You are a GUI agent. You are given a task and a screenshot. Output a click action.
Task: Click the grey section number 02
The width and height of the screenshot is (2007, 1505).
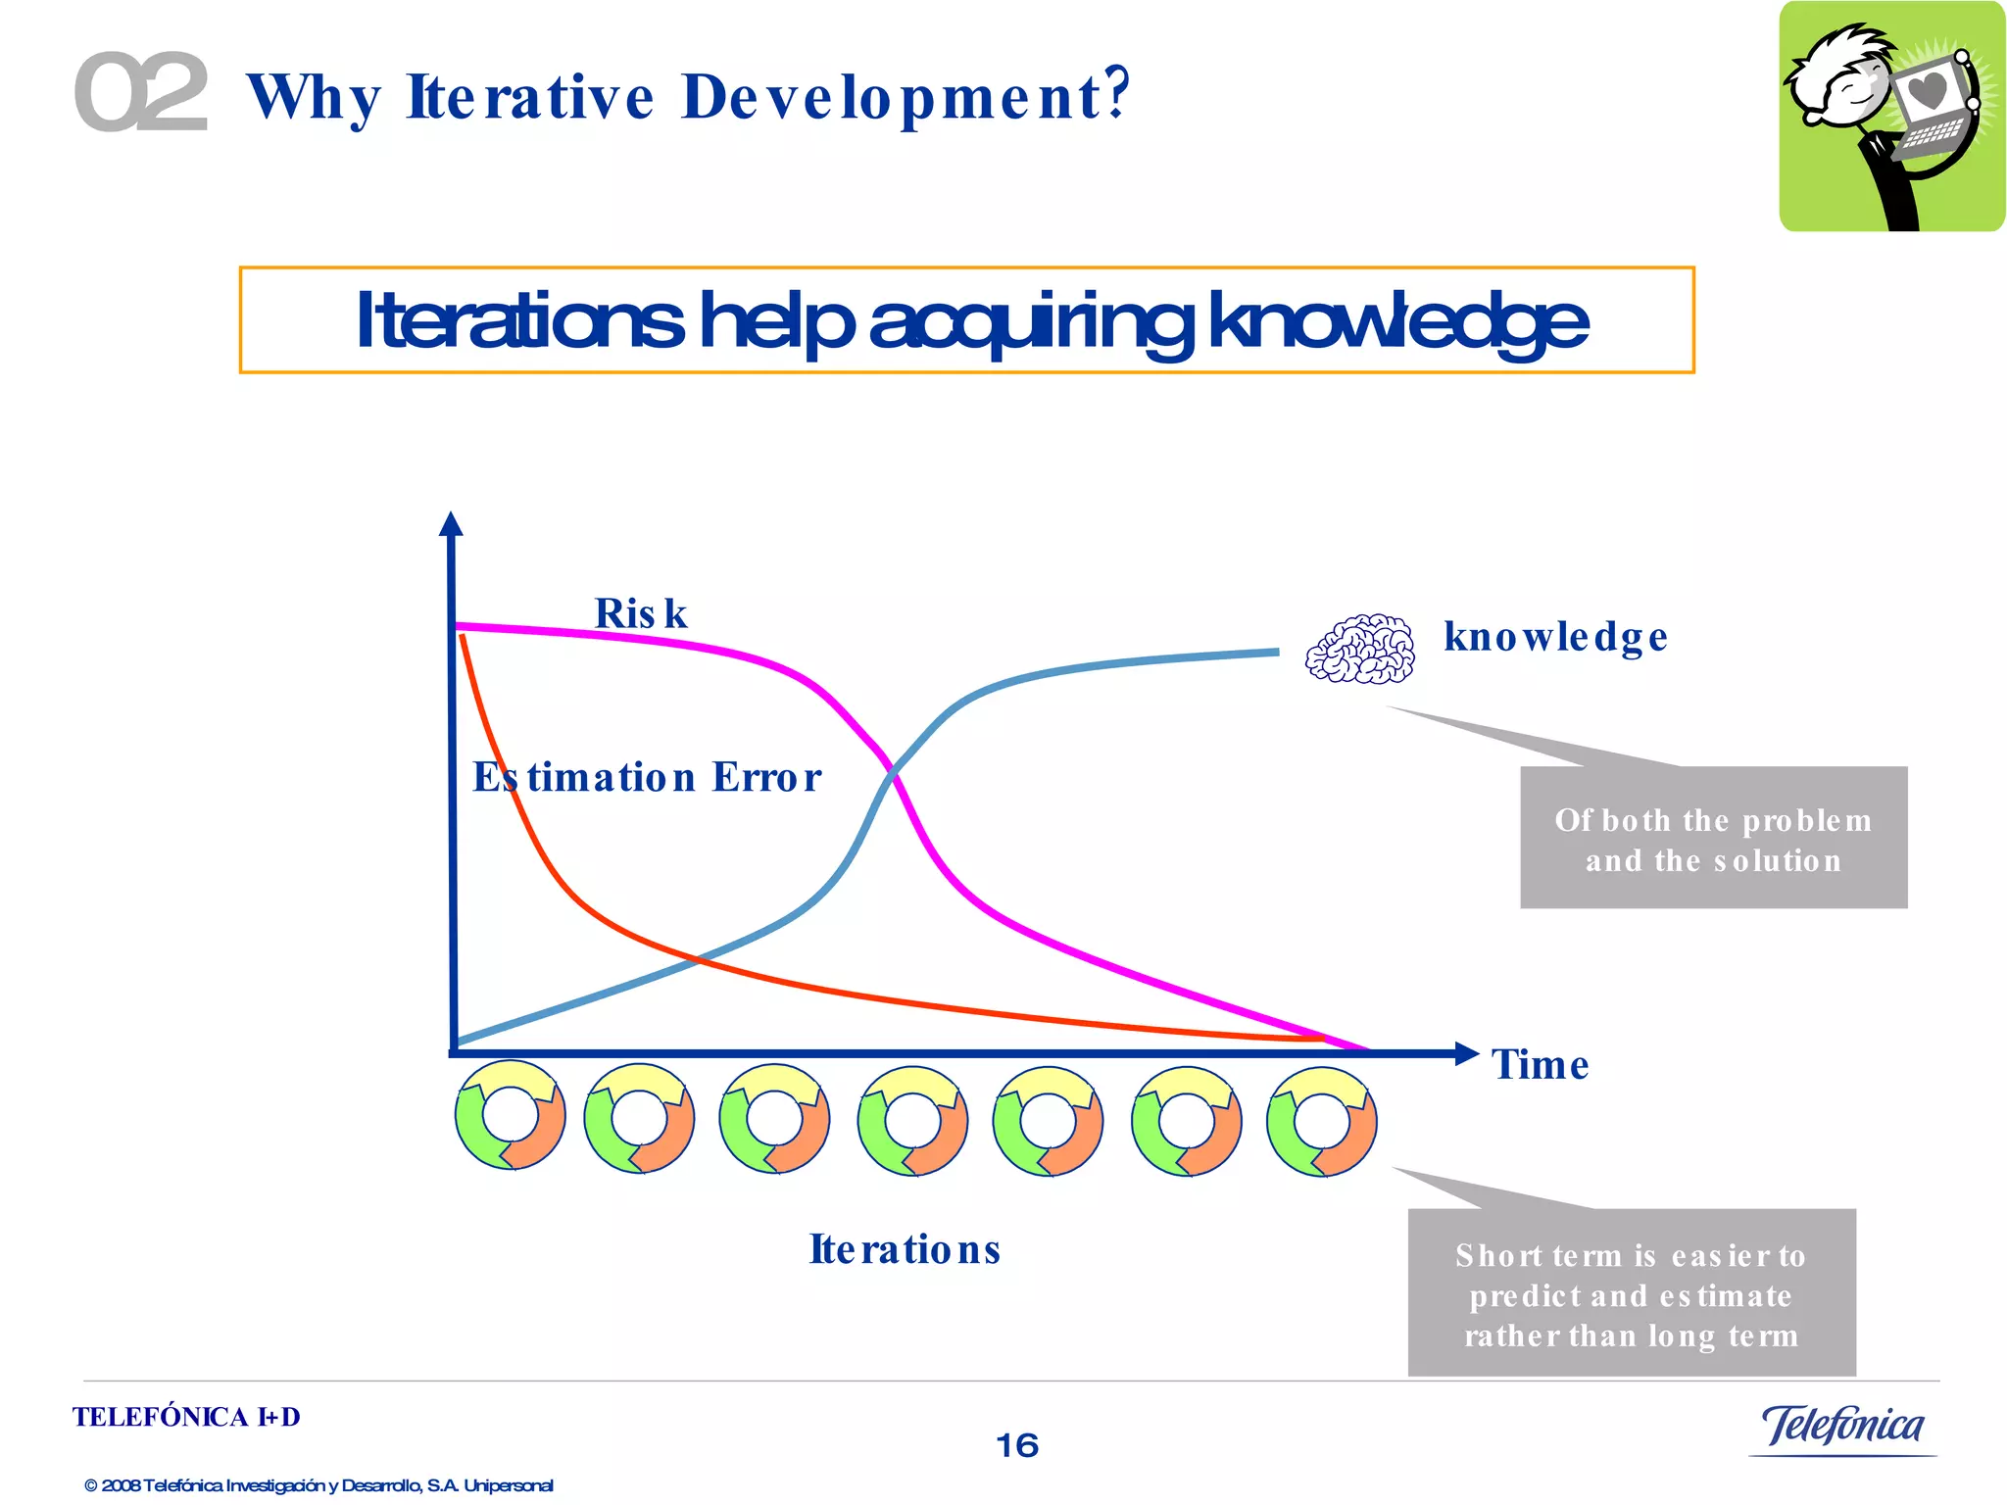(141, 92)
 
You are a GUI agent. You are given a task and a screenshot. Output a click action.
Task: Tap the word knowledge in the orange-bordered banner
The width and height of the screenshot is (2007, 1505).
(1397, 321)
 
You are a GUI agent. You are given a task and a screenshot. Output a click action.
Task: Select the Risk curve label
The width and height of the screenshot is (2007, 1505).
(641, 614)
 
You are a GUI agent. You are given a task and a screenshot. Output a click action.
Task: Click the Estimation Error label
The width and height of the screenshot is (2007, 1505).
(647, 777)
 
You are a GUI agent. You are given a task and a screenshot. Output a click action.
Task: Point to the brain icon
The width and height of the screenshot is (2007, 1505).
(1360, 649)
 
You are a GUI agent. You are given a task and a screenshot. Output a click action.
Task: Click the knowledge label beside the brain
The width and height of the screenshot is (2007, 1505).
(1555, 637)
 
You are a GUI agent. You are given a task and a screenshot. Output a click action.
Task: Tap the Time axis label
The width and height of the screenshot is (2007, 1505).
(1540, 1065)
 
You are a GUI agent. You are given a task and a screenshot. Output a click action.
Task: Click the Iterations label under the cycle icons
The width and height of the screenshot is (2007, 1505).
(905, 1249)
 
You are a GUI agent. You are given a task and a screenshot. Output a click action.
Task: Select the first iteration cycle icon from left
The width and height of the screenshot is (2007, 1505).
(510, 1116)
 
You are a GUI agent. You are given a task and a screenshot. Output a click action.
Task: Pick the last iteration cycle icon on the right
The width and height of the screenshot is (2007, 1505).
(1321, 1121)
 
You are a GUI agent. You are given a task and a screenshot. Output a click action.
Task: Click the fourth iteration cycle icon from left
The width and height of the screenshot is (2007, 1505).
(912, 1121)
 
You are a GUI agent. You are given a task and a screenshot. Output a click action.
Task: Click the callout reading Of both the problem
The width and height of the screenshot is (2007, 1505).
(1713, 839)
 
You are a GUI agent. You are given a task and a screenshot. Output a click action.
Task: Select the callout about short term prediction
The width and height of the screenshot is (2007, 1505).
(1632, 1293)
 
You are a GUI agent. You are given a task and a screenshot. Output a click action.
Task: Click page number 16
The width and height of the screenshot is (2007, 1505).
(1016, 1445)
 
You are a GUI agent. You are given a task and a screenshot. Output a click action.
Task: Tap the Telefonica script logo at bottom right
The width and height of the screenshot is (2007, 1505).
(1842, 1427)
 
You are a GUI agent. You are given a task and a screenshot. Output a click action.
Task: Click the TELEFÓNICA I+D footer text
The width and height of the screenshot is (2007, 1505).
(186, 1417)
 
